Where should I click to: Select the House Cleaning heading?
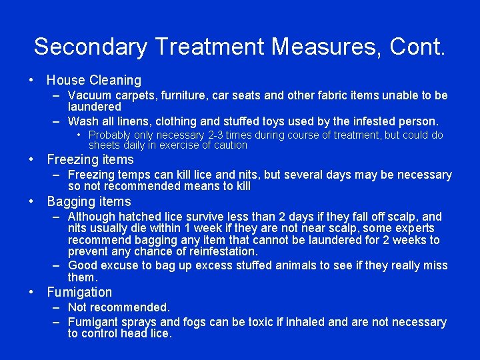point(94,80)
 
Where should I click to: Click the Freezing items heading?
point(90,159)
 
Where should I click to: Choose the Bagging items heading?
point(89,201)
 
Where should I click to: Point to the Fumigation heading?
point(79,292)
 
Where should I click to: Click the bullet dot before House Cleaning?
point(32,80)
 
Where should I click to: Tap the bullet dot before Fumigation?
point(32,292)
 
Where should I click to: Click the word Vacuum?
point(89,95)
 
